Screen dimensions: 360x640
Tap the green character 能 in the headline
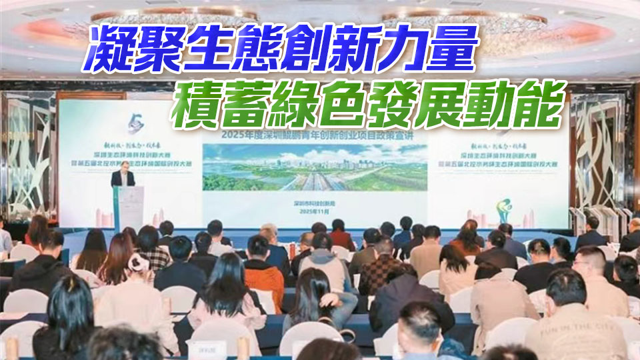(x=539, y=105)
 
